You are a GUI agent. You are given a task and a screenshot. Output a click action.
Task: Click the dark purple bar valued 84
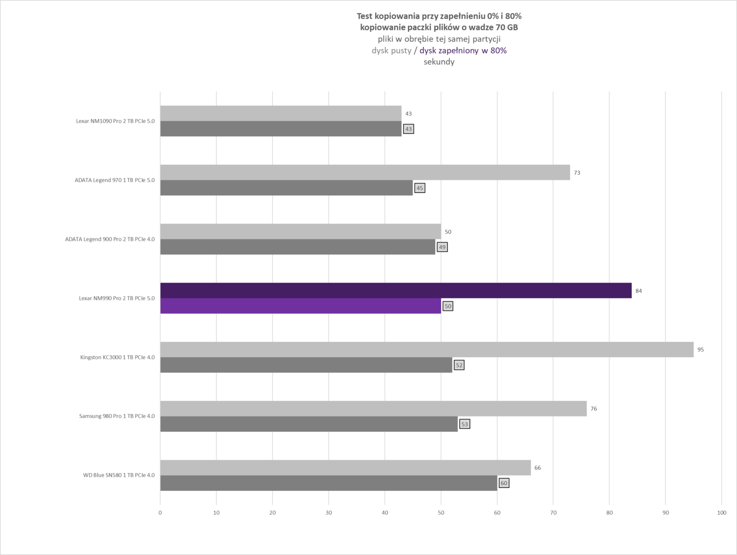tap(395, 291)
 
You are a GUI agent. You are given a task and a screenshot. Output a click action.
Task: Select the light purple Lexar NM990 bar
tap(300, 306)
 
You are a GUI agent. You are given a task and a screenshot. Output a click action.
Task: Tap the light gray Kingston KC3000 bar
tap(427, 350)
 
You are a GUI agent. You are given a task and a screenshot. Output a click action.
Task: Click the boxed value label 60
tap(504, 483)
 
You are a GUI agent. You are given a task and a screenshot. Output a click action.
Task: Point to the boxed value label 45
tap(420, 188)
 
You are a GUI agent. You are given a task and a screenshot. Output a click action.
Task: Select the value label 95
tap(701, 350)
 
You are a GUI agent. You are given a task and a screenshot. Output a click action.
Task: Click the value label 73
tap(577, 173)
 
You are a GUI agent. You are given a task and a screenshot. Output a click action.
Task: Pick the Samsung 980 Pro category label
tap(117, 416)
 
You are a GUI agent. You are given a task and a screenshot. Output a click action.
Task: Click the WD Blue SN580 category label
tap(119, 475)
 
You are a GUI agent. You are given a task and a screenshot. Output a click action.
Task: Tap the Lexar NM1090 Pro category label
tap(115, 121)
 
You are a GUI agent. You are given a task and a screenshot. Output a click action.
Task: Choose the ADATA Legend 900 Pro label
tap(110, 239)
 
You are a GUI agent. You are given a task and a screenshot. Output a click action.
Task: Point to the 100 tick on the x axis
tap(721, 513)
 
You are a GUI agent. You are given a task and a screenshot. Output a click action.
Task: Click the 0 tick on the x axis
tap(160, 513)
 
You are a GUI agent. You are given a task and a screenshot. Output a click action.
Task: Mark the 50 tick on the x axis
tap(441, 513)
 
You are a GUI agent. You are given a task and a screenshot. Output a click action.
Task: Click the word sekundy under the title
tap(439, 62)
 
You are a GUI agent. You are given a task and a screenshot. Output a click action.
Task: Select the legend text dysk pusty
tap(391, 50)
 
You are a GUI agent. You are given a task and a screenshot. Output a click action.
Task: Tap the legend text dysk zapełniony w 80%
tap(463, 50)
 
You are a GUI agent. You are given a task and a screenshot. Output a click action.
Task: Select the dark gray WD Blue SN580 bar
tap(329, 483)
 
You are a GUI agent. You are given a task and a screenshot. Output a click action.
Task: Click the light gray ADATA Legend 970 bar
tap(365, 173)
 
